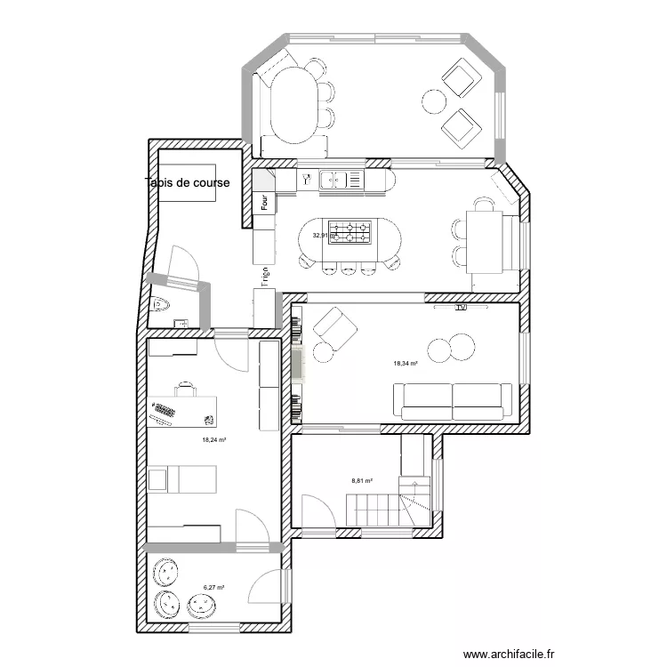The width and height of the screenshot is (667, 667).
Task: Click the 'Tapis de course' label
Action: point(188,183)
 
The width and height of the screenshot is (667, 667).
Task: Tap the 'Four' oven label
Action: point(265,202)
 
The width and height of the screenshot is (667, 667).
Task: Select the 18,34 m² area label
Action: point(406,363)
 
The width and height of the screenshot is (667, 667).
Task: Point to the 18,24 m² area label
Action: point(214,439)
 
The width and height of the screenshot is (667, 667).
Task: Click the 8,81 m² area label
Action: point(361,480)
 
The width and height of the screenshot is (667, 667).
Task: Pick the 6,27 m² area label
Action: point(213,587)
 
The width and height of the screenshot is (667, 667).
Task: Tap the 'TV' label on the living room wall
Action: point(461,309)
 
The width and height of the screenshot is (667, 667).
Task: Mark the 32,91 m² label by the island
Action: point(321,236)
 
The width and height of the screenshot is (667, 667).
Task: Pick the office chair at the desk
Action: point(185,388)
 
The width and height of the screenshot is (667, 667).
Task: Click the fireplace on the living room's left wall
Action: point(297,365)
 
